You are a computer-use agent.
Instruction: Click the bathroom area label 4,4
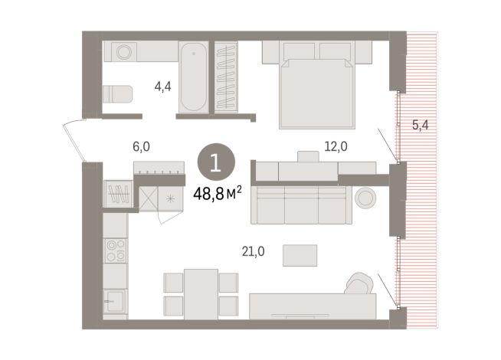click(162, 87)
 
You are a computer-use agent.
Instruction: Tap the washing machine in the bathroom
click(122, 52)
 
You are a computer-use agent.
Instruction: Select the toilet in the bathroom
click(117, 93)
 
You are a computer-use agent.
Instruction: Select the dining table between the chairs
click(201, 293)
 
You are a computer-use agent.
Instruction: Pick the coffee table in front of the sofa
click(300, 254)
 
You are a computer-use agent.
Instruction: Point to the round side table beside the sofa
click(365, 198)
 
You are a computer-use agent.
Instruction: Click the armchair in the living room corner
click(356, 284)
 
